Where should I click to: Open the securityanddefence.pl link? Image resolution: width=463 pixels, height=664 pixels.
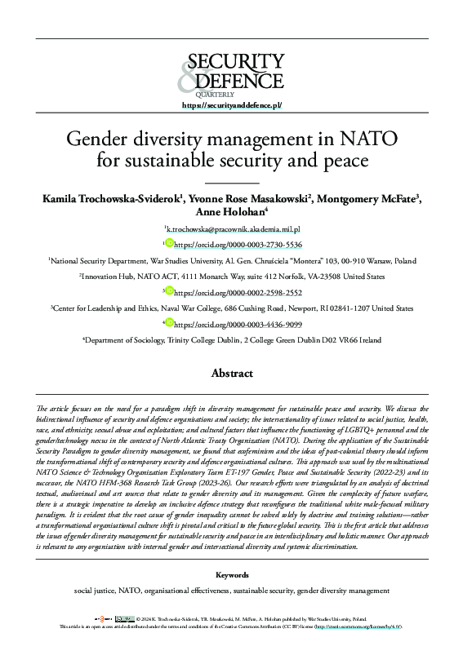(x=231, y=106)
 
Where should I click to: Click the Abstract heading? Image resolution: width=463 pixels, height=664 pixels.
(x=231, y=373)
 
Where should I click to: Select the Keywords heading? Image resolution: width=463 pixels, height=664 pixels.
(x=231, y=575)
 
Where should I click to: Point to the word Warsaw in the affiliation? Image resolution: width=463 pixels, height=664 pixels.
(x=369, y=261)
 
